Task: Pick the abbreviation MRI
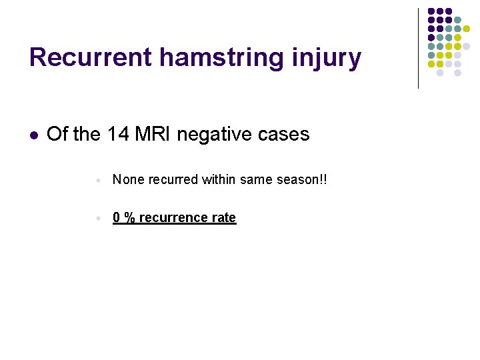tap(153, 134)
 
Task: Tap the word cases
tap(285, 134)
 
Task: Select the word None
tap(127, 179)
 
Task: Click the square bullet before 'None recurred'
tap(98, 180)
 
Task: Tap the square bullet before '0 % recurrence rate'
tap(98, 218)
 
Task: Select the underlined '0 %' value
tap(122, 217)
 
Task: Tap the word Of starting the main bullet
tap(57, 134)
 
